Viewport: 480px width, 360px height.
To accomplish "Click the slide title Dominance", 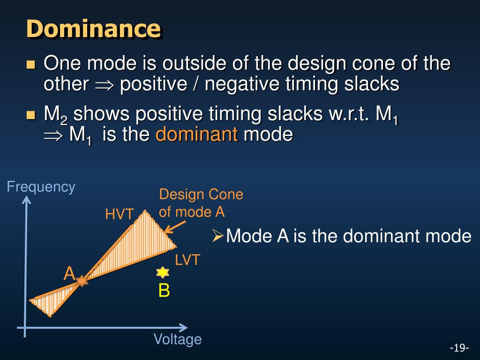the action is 94,29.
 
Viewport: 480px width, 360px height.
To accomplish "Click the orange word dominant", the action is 197,134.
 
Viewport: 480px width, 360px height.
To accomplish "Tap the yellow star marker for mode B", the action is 163,272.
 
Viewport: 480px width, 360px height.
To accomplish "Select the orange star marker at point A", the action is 82,280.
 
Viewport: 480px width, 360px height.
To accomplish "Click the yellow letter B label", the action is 164,290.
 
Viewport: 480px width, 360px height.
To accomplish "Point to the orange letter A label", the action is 69,273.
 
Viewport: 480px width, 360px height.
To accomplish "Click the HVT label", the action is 120,214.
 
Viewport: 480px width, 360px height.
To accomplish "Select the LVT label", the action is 187,260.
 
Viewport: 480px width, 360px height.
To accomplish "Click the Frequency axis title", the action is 41,187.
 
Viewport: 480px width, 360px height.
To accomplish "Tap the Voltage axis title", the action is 178,339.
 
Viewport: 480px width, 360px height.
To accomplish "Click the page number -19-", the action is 459,348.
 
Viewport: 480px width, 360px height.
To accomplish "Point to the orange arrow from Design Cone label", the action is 175,227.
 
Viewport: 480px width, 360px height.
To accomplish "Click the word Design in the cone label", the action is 180,195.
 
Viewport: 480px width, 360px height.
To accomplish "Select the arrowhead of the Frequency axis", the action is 27,199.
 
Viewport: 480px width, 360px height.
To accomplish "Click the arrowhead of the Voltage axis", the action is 183,328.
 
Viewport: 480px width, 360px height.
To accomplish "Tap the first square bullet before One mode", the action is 31,64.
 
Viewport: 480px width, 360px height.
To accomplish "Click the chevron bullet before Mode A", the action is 217,236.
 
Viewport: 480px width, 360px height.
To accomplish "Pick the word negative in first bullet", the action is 242,84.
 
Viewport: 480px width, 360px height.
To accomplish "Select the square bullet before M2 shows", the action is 31,115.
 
